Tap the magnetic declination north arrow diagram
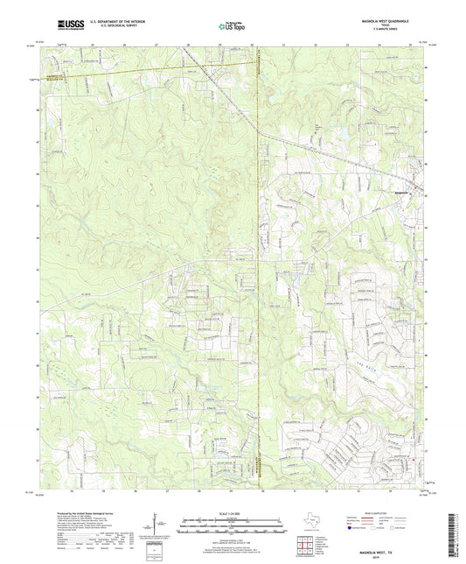click(160, 526)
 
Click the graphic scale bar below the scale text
click(233, 525)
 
